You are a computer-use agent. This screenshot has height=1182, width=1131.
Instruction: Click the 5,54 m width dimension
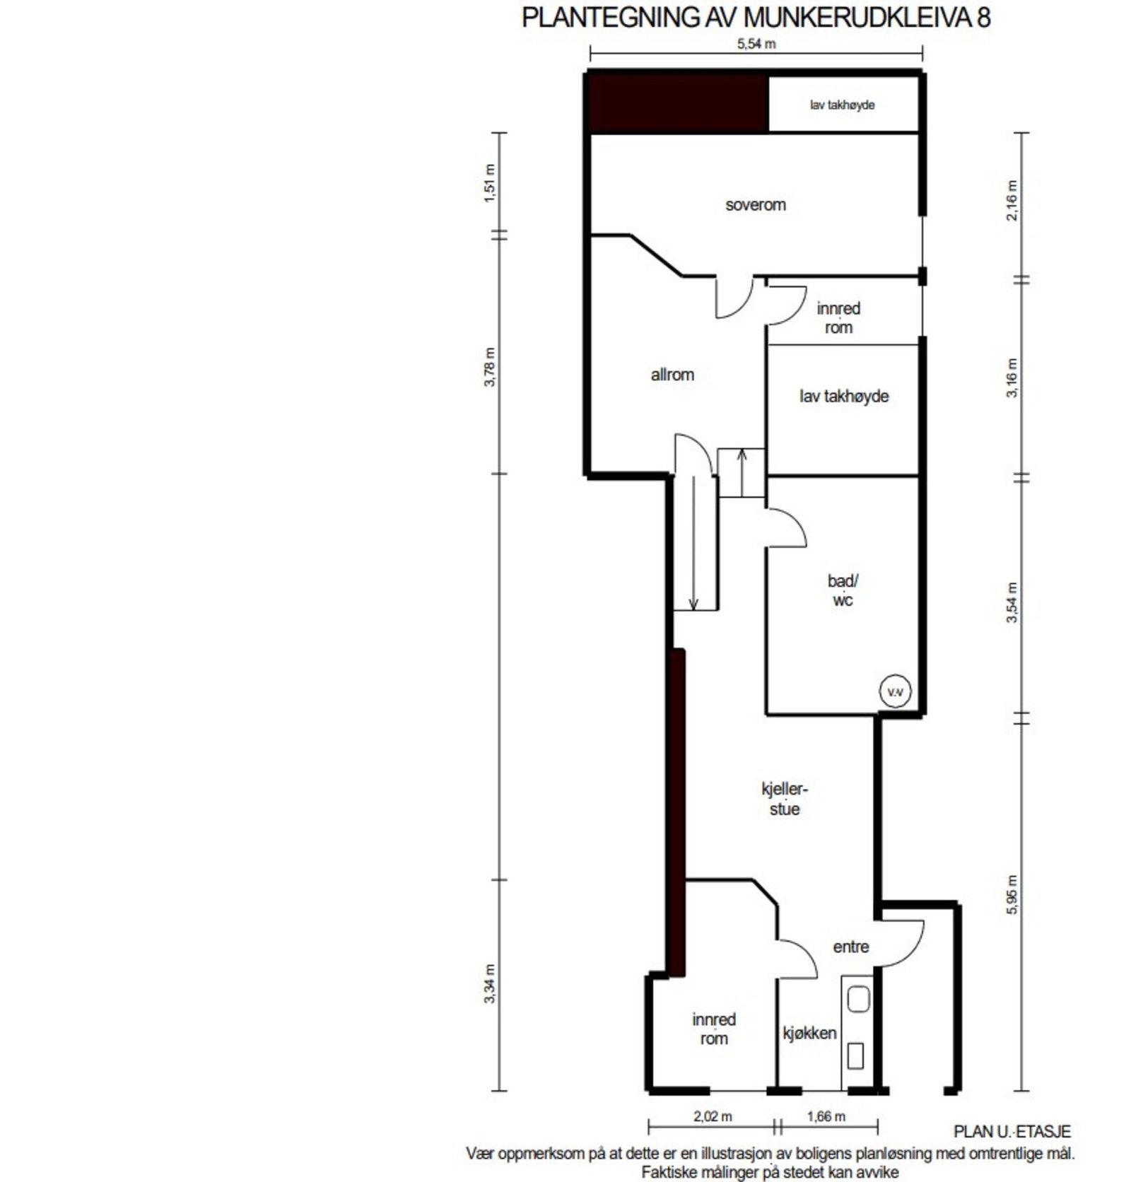tap(756, 44)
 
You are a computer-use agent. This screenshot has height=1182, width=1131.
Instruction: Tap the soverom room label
tap(755, 205)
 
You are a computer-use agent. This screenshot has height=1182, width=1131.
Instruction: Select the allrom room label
tap(672, 375)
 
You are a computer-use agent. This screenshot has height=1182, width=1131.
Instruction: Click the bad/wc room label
tap(843, 590)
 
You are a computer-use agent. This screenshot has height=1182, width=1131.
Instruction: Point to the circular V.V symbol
tap(894, 691)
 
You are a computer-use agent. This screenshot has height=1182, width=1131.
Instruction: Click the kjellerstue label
tap(784, 799)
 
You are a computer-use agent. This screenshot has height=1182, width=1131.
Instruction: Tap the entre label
tap(850, 947)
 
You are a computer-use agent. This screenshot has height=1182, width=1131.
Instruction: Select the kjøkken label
tap(809, 1033)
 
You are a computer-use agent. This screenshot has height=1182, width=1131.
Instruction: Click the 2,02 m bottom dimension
tap(712, 1116)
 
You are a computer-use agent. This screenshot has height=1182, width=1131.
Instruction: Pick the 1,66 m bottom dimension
tap(826, 1116)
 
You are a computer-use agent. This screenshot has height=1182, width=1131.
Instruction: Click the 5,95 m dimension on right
tap(1012, 895)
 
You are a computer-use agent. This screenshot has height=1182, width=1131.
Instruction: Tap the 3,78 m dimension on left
tap(490, 367)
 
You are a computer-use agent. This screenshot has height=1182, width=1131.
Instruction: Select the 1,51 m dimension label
tap(490, 183)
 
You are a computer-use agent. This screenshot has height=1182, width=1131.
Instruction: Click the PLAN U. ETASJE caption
tap(1012, 1132)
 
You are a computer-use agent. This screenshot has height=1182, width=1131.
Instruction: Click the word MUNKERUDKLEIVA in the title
tap(858, 18)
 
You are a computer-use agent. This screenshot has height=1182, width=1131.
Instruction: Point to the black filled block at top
tap(679, 104)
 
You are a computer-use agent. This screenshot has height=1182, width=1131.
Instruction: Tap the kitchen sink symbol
tap(858, 1000)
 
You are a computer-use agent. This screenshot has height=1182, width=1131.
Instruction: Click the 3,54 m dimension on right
tap(1012, 602)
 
